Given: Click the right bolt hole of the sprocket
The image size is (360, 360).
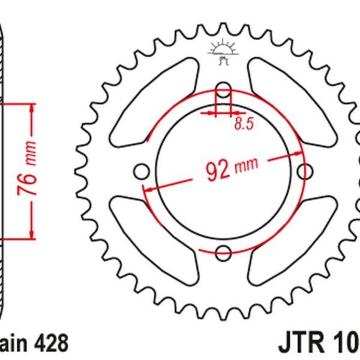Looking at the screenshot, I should (x=305, y=170).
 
